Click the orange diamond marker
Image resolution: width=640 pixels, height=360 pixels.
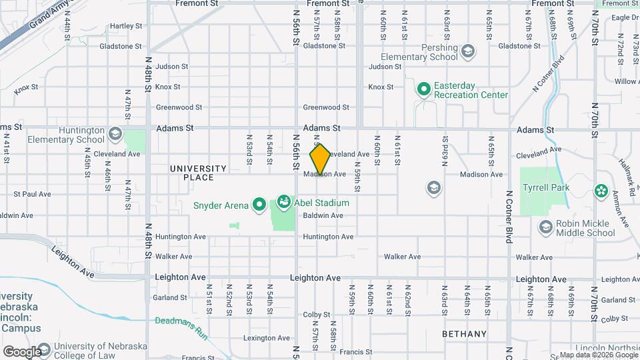321,160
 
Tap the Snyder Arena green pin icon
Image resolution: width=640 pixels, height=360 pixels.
259,205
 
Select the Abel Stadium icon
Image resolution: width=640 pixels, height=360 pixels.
283,201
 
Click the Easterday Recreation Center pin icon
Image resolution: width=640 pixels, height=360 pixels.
423,88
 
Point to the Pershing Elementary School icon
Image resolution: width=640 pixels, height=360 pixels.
468,51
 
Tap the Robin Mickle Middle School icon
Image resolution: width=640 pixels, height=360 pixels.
546,228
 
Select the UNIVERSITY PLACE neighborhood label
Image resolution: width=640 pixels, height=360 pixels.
192,173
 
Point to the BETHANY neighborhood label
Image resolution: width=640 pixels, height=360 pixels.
465,333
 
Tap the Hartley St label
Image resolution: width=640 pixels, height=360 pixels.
123,26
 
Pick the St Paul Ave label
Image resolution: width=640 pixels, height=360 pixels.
32,194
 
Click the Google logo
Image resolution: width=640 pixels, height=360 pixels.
21,352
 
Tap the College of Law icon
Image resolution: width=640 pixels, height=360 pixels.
44,350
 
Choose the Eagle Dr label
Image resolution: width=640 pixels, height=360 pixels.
625,17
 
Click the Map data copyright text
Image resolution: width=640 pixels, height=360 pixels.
590,355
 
